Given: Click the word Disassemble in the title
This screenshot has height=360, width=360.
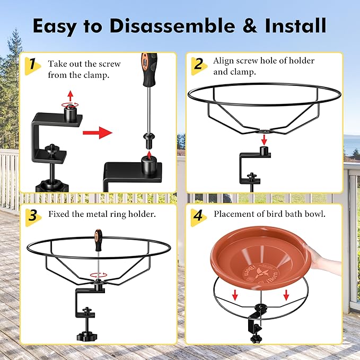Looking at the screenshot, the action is [x=172, y=25].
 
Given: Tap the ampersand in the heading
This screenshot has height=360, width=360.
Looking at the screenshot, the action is [x=250, y=25].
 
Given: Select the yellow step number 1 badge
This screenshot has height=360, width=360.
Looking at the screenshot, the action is [x=32, y=66].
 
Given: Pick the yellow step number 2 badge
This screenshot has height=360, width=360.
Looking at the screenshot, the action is [x=199, y=66].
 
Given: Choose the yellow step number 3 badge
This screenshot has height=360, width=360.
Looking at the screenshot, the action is [x=33, y=217].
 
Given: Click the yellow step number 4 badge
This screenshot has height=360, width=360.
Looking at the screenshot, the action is [x=199, y=217].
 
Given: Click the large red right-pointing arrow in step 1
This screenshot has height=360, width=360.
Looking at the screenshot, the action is [x=98, y=133].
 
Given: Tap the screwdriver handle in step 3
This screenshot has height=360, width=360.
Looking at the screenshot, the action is [x=98, y=240].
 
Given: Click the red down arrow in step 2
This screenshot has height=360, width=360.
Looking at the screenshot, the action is [x=264, y=139].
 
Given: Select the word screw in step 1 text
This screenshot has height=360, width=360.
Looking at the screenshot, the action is [x=109, y=64].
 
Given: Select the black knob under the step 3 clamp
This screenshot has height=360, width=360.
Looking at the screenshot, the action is [x=87, y=336].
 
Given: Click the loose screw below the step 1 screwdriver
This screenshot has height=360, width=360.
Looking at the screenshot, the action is [x=149, y=141].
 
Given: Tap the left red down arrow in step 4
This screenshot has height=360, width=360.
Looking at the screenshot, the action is [x=235, y=295].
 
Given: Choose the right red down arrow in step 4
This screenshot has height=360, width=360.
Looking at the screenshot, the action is [x=286, y=295].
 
